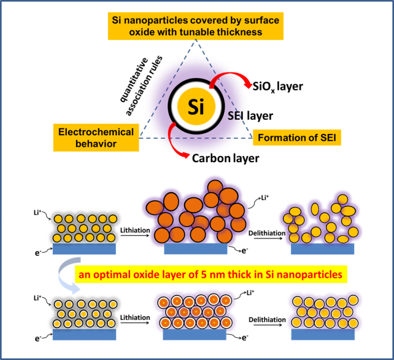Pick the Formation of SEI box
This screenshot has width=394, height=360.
tap(297, 136)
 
